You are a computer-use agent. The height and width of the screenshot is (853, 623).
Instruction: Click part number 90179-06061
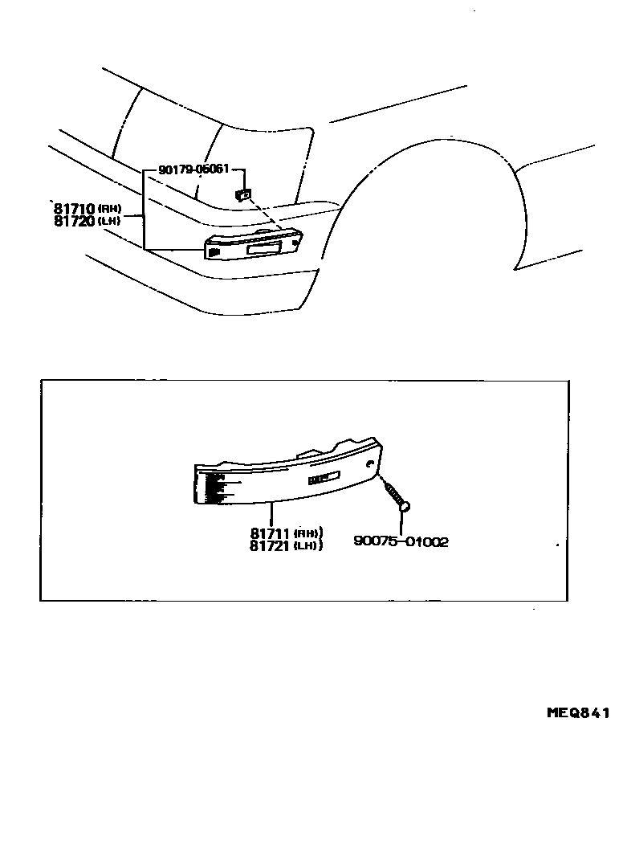(x=193, y=169)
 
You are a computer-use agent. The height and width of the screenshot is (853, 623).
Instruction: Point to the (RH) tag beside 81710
(x=109, y=209)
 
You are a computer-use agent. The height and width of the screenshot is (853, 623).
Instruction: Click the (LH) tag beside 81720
(x=109, y=221)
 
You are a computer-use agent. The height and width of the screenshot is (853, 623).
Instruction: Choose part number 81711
(x=271, y=533)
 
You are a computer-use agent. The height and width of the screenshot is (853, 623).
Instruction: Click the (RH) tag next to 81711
(x=308, y=533)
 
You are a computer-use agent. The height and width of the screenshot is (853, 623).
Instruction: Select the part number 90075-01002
(x=401, y=541)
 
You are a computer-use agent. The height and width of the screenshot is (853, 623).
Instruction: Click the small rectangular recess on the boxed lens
(x=324, y=480)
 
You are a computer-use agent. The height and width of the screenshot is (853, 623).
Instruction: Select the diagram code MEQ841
(x=578, y=712)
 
